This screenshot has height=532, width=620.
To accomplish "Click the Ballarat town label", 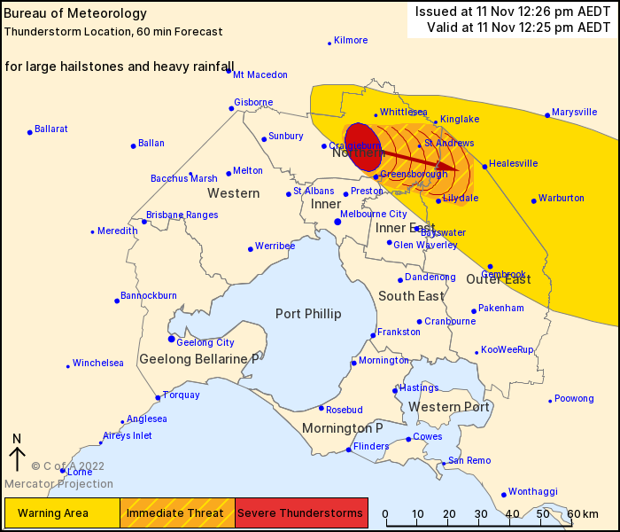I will tap(51, 129).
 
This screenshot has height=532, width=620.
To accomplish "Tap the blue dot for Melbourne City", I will tap(337, 222).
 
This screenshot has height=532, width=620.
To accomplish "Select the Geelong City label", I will tap(205, 342).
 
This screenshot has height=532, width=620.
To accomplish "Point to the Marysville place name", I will tap(575, 113).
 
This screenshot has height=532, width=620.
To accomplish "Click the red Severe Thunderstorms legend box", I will tap(301, 512).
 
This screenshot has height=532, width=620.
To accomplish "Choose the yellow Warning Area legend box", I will tap(62, 512).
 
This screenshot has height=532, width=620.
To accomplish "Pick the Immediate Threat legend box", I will tap(177, 512).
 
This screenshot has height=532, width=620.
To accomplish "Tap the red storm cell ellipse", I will tap(362, 147).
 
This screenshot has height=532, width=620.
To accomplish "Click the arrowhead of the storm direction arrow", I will tap(452, 167).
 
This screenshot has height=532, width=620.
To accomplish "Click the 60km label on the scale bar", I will tap(584, 514).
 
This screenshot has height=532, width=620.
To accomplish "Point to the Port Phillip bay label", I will tap(308, 314).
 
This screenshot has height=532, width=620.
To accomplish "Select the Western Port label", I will tap(449, 407).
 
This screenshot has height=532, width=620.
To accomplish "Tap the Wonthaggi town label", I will tap(533, 491).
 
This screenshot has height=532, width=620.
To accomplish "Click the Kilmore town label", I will tap(351, 41).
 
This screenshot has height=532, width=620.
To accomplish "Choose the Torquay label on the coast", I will tap(182, 395).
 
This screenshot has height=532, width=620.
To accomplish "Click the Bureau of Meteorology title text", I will tap(64, 14).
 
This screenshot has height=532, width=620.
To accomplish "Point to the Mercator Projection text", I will tap(58, 484).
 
